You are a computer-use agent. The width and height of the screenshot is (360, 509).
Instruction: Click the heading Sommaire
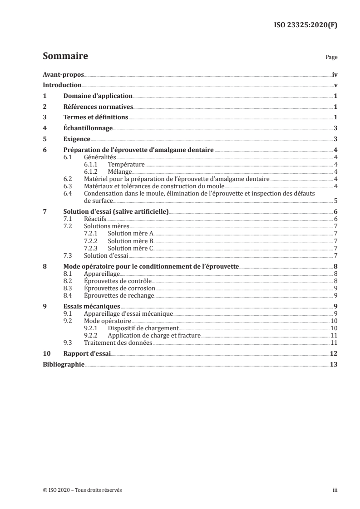65,57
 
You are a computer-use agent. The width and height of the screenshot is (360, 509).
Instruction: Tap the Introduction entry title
62,85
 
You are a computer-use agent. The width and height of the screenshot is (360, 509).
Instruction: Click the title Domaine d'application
98,96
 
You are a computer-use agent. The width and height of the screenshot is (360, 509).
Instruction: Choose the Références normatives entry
98,107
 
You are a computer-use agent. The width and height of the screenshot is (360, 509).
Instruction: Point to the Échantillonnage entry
88,128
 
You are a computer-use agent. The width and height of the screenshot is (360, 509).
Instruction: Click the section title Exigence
77,139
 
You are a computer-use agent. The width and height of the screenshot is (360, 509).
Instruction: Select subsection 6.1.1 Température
126,164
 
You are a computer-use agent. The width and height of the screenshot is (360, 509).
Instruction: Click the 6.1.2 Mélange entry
120,171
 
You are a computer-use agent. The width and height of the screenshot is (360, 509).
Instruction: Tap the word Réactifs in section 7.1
95,219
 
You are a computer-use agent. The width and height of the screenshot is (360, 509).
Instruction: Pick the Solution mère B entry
131,241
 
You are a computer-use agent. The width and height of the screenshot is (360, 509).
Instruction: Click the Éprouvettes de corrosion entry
120,289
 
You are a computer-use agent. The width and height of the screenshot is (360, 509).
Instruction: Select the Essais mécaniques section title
92,306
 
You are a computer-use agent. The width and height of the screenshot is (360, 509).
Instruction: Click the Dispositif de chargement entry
143,328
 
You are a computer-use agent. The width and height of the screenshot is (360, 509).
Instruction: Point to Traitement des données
118,343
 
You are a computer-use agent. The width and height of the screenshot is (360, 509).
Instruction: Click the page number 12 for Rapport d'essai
334,354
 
